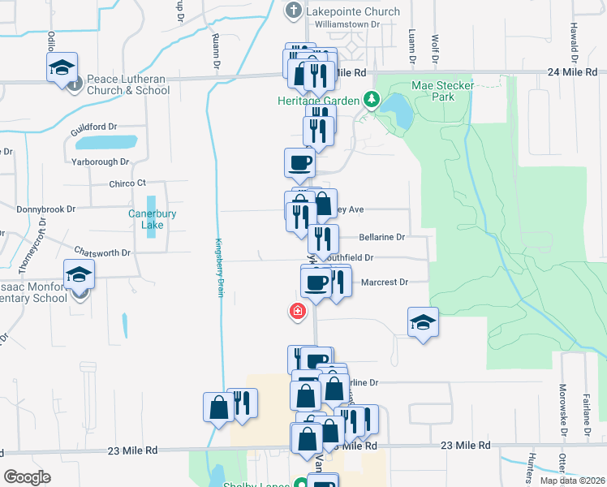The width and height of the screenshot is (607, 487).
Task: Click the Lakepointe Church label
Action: [x=353, y=11]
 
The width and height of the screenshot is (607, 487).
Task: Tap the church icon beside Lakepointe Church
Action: [x=294, y=11]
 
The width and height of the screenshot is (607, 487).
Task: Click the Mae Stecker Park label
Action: [x=442, y=89]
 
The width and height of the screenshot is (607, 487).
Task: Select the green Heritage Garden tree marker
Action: [x=372, y=99]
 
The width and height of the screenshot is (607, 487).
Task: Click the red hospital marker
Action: [x=298, y=311]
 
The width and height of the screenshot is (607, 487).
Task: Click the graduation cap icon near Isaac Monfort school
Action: [x=80, y=274]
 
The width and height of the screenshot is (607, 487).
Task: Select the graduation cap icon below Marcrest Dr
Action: [x=423, y=322]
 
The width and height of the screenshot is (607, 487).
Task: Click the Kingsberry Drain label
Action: [x=218, y=267]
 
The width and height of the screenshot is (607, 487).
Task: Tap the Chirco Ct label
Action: [x=127, y=183]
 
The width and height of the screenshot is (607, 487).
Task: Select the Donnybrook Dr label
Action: [x=46, y=209]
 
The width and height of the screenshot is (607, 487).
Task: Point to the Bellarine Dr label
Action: [x=381, y=237]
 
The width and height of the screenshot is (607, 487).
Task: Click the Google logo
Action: [x=27, y=476]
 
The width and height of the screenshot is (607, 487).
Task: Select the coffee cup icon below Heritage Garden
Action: [x=299, y=162]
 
